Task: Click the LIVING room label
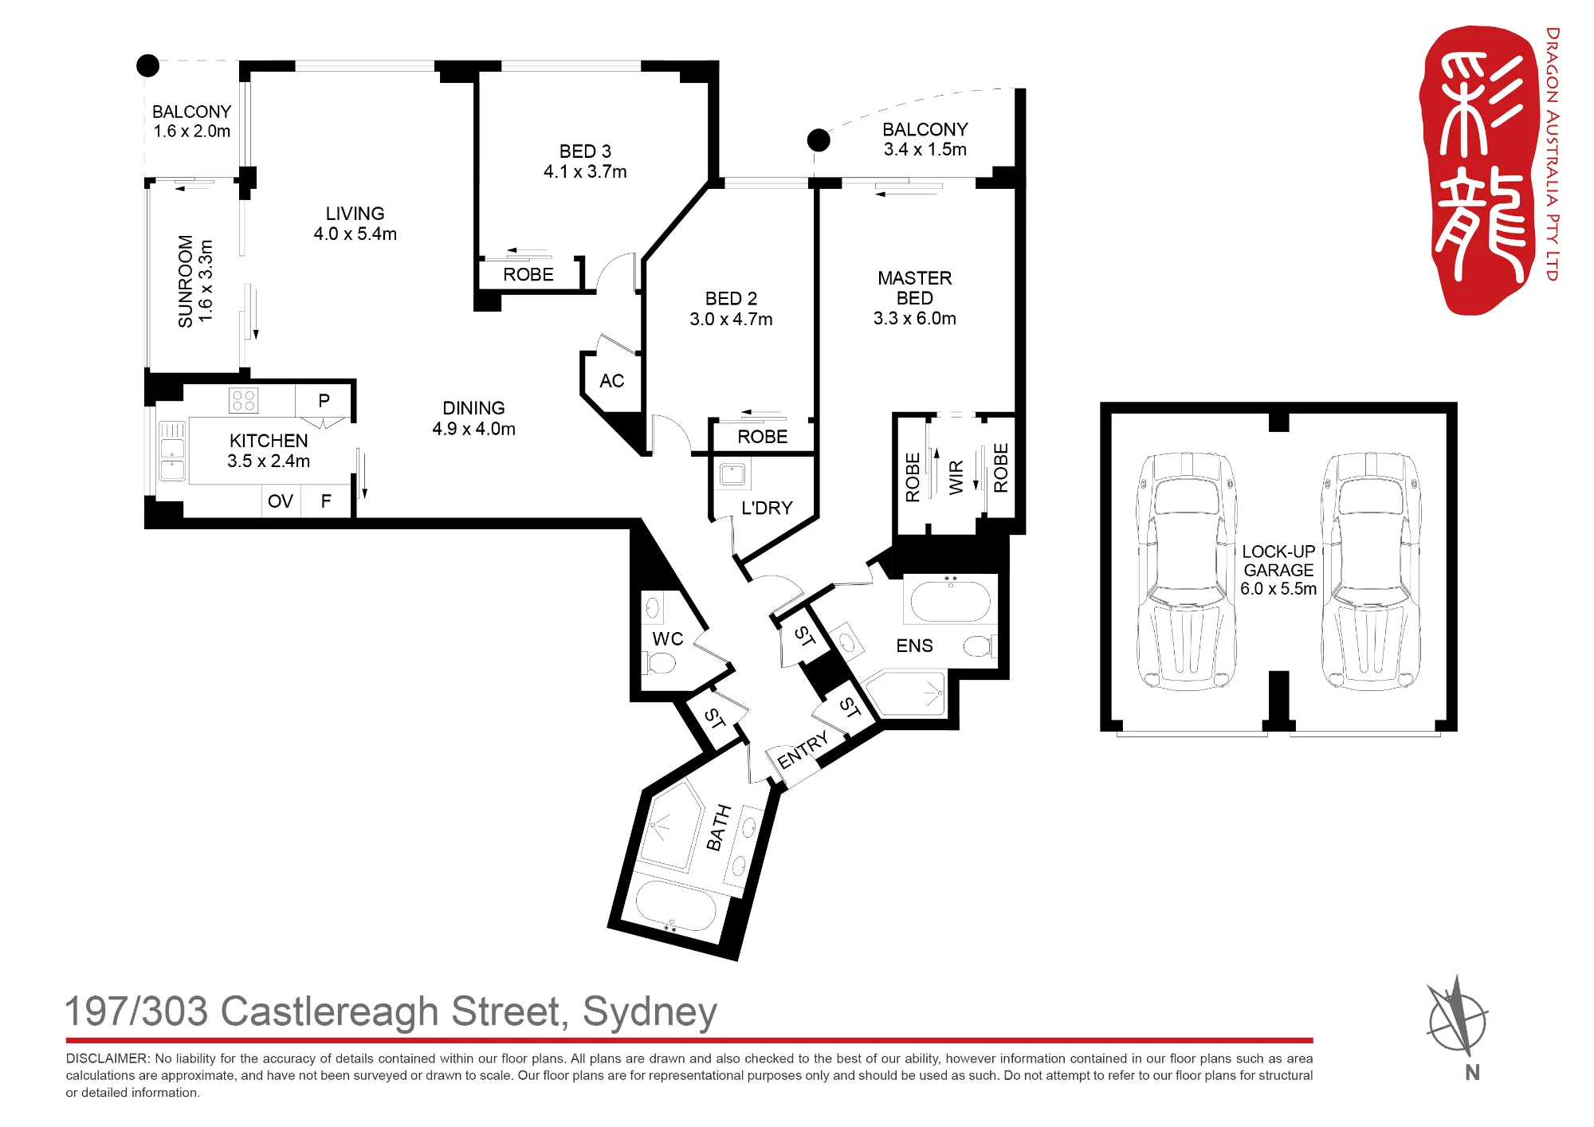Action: pyautogui.click(x=355, y=214)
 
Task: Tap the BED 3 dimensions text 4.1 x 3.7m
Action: pyautogui.click(x=585, y=171)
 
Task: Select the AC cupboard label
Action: pyautogui.click(x=612, y=381)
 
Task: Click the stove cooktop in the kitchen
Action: pyautogui.click(x=243, y=400)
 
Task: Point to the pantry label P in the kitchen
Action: pyautogui.click(x=324, y=401)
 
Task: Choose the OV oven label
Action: pyautogui.click(x=281, y=501)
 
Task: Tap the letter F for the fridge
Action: pyautogui.click(x=326, y=501)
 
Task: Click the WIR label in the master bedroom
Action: pyautogui.click(x=956, y=477)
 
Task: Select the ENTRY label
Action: pyautogui.click(x=803, y=750)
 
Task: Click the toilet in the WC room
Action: pyautogui.click(x=661, y=662)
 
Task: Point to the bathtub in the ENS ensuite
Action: pyautogui.click(x=950, y=601)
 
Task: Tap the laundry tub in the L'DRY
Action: pyautogui.click(x=732, y=474)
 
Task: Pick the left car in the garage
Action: pyautogui.click(x=1186, y=571)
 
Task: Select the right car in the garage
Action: pyautogui.click(x=1371, y=571)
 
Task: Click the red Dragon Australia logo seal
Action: pyautogui.click(x=1478, y=169)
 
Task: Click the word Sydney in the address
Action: pyautogui.click(x=650, y=1013)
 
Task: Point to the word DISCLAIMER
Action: pyautogui.click(x=108, y=1058)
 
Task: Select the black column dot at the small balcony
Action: pyautogui.click(x=147, y=65)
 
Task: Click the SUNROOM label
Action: pyautogui.click(x=185, y=281)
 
